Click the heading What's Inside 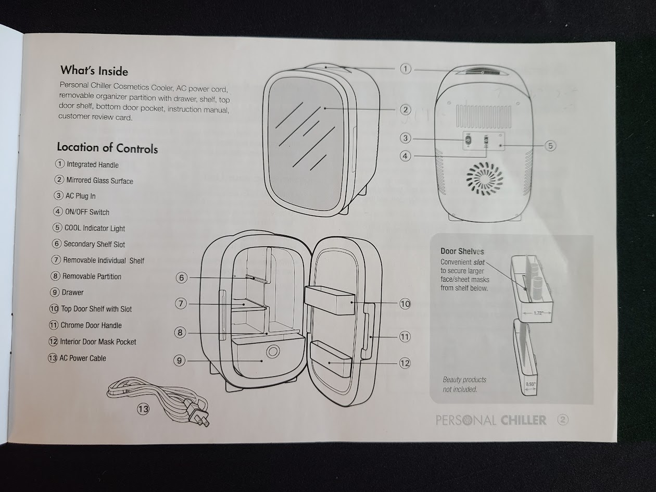coord(94,70)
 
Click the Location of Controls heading coord(107,147)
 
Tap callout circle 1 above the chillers coord(406,69)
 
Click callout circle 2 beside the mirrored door coord(406,109)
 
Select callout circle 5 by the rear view coord(550,146)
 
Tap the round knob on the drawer coord(272,352)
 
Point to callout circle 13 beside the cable coord(143,409)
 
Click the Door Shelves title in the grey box coord(462,251)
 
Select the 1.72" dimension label coord(539,313)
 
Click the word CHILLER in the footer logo coord(524,420)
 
